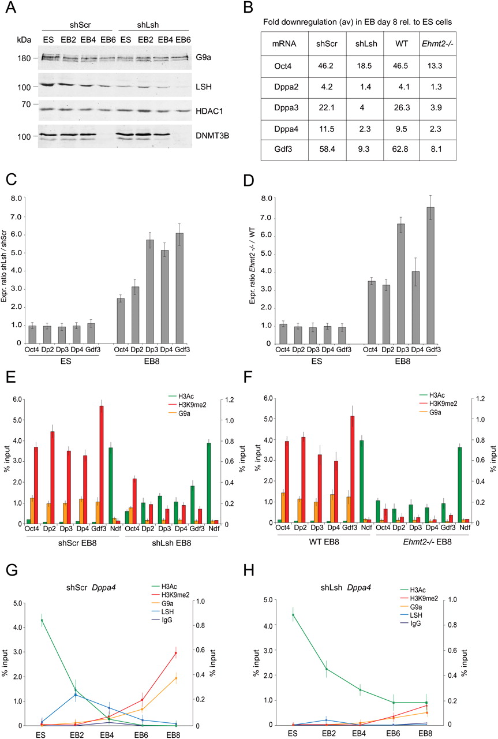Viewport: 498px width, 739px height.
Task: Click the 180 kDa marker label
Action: pos(21,58)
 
